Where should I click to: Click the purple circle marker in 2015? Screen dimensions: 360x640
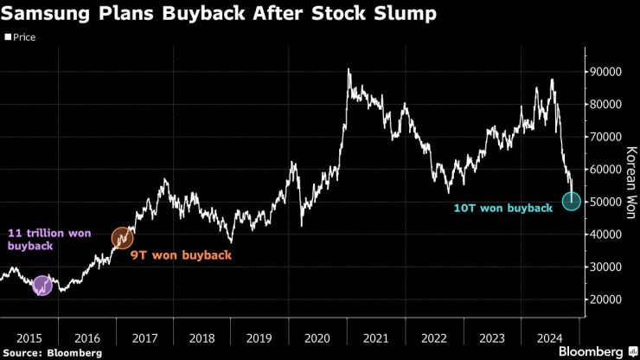[x=42, y=286]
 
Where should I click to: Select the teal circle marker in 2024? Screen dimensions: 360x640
[x=572, y=201]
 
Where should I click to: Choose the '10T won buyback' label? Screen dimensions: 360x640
[x=502, y=208]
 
